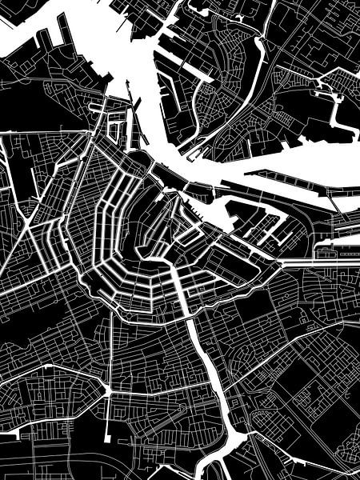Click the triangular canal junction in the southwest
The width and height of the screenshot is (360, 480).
pyautogui.click(x=106, y=390)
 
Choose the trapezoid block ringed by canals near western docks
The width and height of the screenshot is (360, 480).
pyautogui.click(x=117, y=128)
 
